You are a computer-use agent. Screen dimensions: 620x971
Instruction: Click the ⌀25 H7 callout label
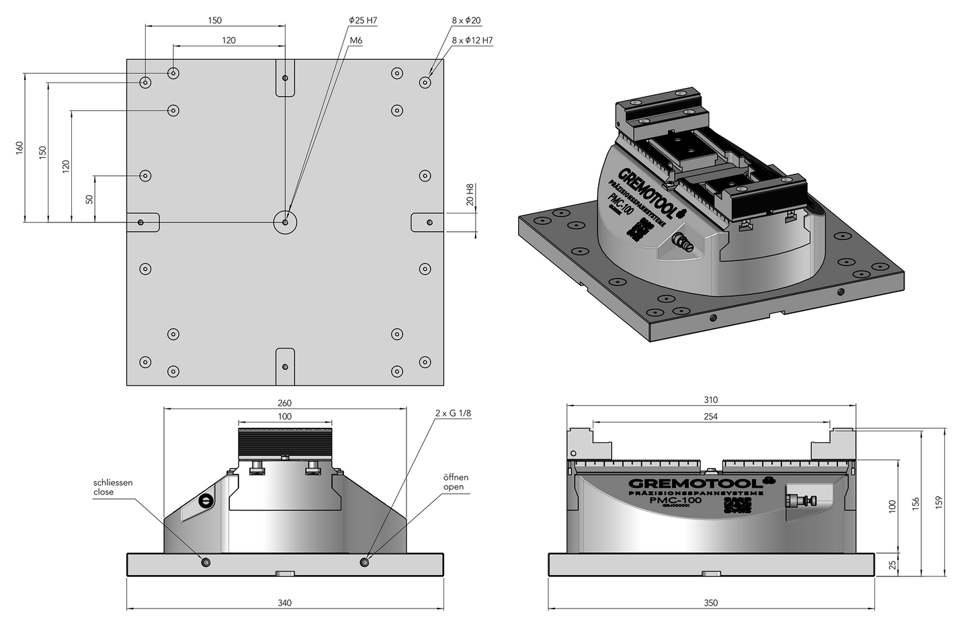[363, 21]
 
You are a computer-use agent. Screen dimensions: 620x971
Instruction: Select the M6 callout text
[355, 41]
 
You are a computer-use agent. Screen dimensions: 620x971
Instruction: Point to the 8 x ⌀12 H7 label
[472, 41]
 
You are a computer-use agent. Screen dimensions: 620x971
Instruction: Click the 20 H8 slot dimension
[470, 195]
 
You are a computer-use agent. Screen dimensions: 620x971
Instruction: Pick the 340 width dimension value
[284, 603]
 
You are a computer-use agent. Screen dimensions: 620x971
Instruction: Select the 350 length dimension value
[711, 603]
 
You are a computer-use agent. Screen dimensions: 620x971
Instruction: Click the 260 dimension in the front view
[284, 403]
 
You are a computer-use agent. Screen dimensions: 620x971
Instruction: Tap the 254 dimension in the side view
[710, 416]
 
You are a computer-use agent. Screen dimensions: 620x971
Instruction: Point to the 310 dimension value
[710, 400]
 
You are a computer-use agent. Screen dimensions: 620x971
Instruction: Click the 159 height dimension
[939, 502]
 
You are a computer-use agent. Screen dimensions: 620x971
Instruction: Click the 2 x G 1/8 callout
[453, 414]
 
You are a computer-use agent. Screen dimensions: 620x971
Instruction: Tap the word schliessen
[113, 482]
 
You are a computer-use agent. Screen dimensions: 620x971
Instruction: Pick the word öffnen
[455, 477]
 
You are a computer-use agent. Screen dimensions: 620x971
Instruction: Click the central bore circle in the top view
[285, 222]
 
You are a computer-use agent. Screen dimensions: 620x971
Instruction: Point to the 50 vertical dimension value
[89, 199]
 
